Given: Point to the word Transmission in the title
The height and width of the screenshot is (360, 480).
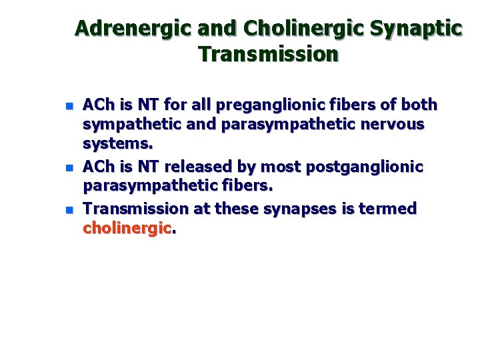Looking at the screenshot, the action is pos(268,54).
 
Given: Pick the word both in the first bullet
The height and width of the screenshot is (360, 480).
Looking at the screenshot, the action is pos(420,105).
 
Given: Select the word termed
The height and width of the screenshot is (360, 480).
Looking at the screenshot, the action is pos(387,209).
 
